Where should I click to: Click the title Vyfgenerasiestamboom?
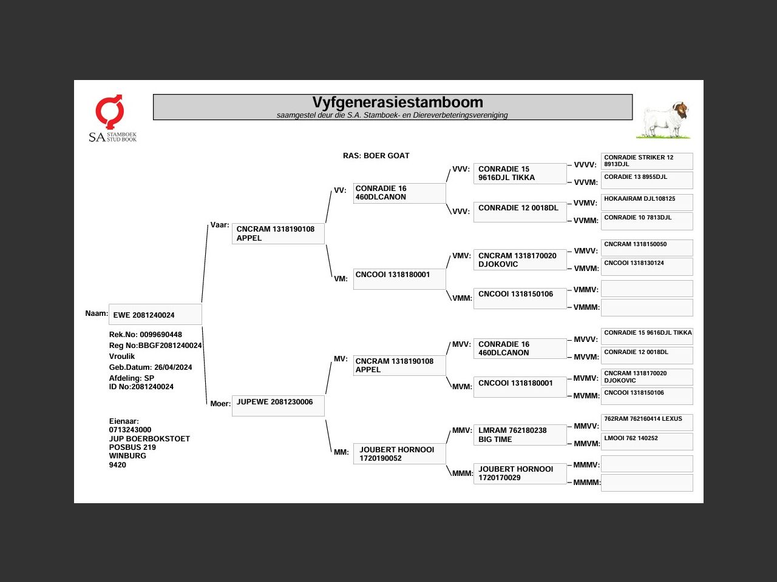coord(398,102)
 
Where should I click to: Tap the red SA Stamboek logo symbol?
coord(110,112)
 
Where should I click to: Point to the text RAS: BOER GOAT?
coord(376,156)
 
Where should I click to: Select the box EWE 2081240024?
coord(155,315)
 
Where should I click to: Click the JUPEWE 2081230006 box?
coord(278,406)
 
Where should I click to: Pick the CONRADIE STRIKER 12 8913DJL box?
coord(646,161)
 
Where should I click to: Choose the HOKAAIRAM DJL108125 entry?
coord(646,202)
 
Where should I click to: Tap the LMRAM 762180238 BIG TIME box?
coord(520,435)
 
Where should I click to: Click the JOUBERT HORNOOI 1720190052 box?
coord(399,454)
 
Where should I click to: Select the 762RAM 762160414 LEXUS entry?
coord(646,422)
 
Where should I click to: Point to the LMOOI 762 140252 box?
coord(646,441)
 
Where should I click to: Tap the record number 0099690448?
coord(160,335)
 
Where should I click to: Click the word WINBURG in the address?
coord(127,456)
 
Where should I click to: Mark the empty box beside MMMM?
coord(646,483)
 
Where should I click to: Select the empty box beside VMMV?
coord(646,289)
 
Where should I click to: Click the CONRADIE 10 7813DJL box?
coord(646,221)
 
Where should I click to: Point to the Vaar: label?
coord(220,225)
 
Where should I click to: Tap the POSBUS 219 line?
coord(132,447)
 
